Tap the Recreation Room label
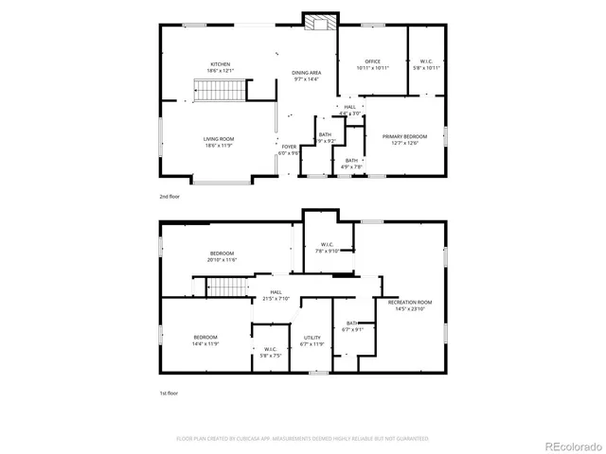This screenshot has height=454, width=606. pos(409,305)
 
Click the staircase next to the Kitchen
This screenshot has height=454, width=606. pos(220,91)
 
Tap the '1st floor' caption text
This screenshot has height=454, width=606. pos(169,393)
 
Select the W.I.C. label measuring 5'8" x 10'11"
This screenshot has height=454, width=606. pos(427,64)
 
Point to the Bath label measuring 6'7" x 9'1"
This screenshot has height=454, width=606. pos(351,326)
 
